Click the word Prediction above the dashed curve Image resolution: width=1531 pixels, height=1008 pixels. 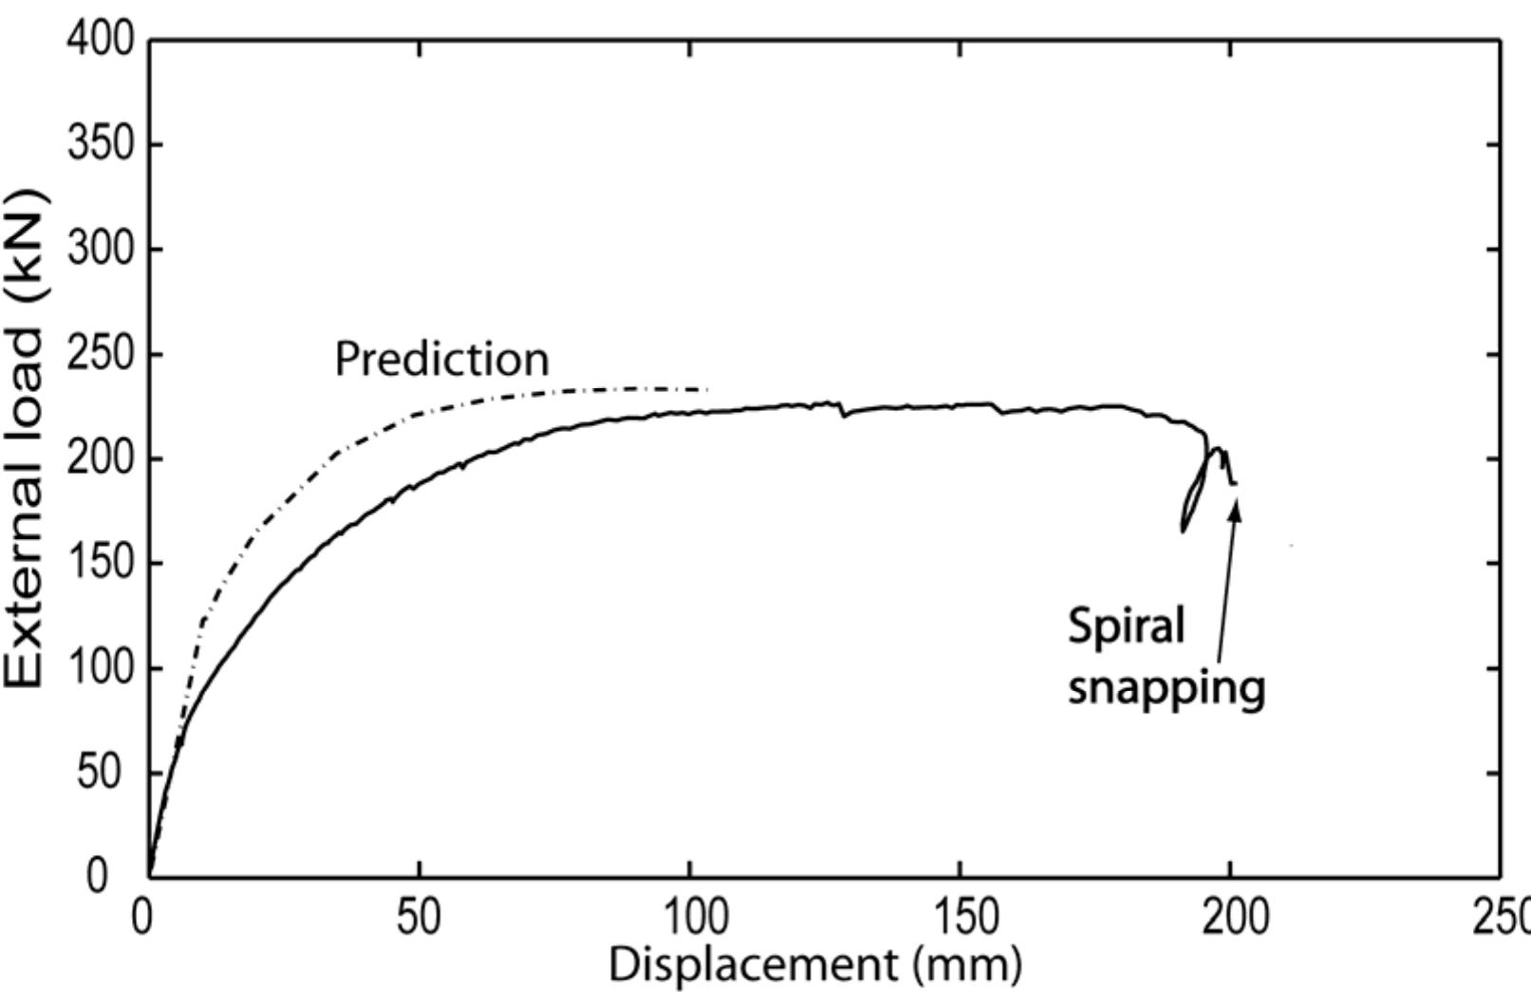click(442, 360)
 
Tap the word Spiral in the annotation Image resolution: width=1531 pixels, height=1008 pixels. click(1127, 627)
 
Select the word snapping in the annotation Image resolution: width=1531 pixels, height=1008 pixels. click(1167, 686)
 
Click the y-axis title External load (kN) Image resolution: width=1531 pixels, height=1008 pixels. click(26, 439)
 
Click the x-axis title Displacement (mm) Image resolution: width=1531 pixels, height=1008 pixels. click(815, 965)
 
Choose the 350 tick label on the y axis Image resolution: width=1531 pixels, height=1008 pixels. click(100, 144)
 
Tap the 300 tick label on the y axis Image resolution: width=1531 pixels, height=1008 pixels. click(100, 249)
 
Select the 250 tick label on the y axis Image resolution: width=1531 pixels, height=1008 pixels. click(100, 354)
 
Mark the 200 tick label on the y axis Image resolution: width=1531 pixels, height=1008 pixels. click(100, 458)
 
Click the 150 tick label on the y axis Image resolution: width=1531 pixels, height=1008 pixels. click(100, 563)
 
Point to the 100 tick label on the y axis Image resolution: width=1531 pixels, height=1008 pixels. click(100, 668)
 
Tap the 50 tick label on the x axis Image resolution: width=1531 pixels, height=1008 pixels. click(419, 918)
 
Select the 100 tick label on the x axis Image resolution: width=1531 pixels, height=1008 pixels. click(689, 918)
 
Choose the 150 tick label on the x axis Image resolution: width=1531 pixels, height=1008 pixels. click(960, 918)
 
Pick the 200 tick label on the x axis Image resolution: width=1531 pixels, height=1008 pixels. click(1230, 918)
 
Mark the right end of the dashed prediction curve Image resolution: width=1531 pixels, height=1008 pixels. click(707, 389)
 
